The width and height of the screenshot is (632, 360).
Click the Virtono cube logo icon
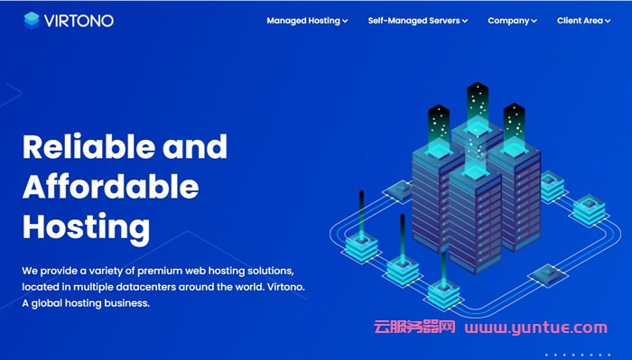[32, 21]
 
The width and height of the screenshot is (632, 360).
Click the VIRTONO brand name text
[79, 21]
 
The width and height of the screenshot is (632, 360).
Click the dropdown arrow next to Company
[534, 22]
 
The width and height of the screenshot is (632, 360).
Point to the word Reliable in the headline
[88, 146]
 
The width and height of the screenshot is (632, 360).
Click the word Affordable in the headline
[110, 186]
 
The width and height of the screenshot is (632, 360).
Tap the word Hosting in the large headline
[86, 228]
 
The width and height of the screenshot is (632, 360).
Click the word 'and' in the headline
[195, 146]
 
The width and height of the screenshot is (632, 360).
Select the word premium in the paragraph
[160, 271]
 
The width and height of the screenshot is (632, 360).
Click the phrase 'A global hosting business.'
[86, 303]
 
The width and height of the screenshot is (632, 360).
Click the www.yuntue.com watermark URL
[535, 328]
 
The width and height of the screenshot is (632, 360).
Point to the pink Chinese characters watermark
[414, 327]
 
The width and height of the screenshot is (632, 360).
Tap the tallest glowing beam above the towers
[478, 106]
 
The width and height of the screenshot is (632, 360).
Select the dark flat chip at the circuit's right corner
[548, 274]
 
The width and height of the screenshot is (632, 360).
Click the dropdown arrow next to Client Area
[608, 21]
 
